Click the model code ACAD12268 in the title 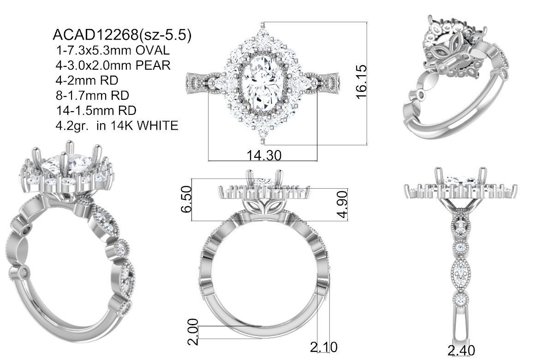click(95, 35)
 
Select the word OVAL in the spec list click(152, 50)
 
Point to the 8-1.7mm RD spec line click(92, 95)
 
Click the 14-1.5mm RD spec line click(96, 110)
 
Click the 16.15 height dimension click(361, 82)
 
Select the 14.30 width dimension click(264, 155)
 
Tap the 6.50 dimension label click(186, 199)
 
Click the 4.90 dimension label click(344, 204)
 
